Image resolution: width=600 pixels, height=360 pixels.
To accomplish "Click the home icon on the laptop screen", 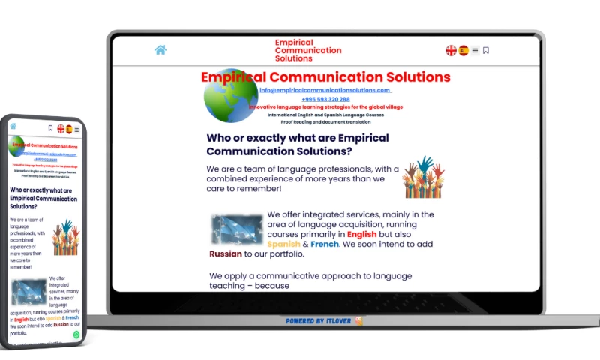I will point(160,50).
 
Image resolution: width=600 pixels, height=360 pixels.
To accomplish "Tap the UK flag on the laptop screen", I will point(451,50).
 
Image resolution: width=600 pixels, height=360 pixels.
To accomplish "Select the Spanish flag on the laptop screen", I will point(463,50).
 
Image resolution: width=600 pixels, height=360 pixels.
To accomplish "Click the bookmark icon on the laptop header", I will point(486,50).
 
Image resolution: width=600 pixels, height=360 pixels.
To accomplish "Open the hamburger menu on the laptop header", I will point(475,50).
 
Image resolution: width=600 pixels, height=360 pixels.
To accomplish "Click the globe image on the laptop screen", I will point(231,97).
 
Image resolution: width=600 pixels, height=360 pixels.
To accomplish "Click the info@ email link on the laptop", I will point(325,90).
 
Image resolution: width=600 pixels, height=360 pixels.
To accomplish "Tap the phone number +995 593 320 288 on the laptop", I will point(325,99).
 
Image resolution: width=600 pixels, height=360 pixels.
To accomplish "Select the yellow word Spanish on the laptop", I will point(283,244).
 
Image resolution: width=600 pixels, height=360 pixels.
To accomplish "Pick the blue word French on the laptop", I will point(325,244).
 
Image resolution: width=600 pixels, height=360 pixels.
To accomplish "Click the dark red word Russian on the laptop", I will point(226,253).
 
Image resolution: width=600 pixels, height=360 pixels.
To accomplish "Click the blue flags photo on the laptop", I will point(237,229).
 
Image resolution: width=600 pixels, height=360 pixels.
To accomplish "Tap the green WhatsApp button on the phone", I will point(76,334).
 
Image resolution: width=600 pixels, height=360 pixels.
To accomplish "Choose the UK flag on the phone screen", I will point(61,129).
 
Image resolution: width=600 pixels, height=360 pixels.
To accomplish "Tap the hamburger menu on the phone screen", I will point(76,130).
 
